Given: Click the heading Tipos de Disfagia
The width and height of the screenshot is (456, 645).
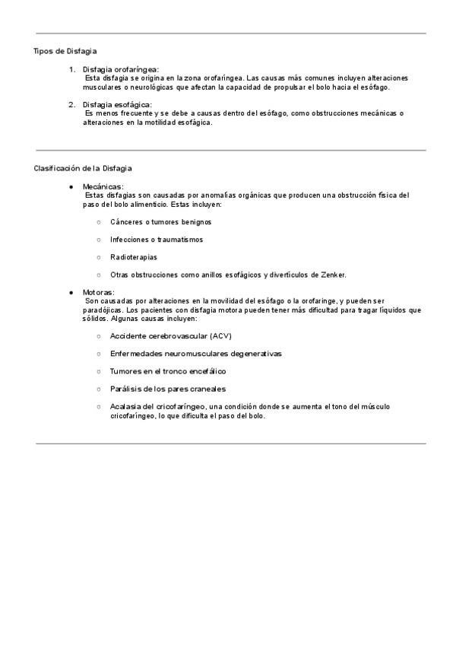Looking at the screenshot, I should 65,51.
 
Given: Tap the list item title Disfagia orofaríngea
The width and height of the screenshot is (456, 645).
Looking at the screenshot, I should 121,69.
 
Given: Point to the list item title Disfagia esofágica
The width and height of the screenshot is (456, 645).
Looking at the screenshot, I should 118,104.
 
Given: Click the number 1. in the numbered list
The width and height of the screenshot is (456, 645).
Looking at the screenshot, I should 71,69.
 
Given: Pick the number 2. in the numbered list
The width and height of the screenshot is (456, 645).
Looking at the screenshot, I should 71,104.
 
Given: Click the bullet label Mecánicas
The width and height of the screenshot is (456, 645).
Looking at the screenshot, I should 104,186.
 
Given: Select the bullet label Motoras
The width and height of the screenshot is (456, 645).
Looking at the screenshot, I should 100,292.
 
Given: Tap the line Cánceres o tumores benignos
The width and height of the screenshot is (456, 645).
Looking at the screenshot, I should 160,222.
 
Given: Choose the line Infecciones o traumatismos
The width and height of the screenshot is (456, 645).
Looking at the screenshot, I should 156,240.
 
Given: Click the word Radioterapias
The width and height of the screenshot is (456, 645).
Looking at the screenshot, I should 134,257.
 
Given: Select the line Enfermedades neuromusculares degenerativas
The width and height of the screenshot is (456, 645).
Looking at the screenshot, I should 195,354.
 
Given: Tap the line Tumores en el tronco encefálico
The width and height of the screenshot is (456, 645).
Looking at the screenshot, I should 168,371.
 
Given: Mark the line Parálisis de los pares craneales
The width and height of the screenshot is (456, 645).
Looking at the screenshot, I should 167,389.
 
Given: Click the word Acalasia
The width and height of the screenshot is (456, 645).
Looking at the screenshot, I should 125,407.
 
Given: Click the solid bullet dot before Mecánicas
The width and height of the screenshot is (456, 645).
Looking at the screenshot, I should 71,186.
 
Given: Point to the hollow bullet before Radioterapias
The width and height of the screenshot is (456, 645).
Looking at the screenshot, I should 99,257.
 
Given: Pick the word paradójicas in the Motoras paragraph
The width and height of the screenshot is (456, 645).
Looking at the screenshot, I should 103,310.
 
